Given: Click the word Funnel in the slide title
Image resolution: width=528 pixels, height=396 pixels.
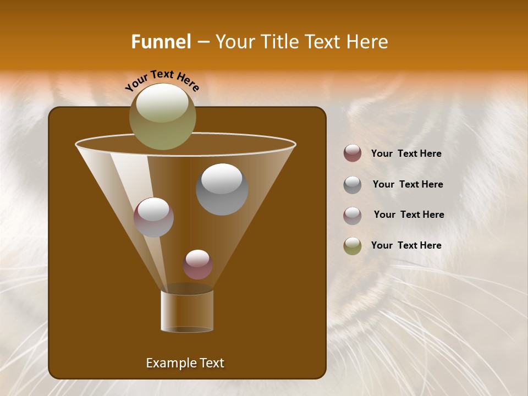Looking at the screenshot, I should click(161, 42).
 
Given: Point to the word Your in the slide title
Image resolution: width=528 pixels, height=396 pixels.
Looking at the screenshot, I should click(234, 42).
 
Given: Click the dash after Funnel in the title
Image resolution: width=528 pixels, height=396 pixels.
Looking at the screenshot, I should click(202, 42).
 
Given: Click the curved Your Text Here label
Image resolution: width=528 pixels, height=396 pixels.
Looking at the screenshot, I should click(162, 79).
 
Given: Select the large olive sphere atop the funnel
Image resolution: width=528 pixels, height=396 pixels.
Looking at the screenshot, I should click(162, 117).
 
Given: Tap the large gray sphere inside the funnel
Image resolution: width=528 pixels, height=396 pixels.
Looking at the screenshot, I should click(222, 189).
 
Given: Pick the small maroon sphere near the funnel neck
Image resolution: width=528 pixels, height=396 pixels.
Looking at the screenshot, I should click(197, 264).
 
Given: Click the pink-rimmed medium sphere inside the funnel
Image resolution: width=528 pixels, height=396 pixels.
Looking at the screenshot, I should click(153, 217).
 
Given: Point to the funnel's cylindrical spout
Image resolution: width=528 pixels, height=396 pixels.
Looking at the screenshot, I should click(187, 311).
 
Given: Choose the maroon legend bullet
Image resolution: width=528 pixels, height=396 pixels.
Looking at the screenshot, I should click(353, 153).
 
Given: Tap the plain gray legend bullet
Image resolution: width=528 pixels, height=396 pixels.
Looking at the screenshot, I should click(353, 185).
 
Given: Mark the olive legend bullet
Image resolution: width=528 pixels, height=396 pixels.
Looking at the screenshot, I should click(353, 246).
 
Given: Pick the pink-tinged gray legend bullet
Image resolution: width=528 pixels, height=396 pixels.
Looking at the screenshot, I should click(353, 215).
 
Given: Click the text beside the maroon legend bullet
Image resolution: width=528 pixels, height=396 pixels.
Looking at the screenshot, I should click(406, 153).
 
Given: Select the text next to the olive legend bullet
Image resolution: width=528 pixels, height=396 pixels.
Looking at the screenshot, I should click(406, 245).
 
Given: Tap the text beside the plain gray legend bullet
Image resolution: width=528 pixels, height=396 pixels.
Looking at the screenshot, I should click(408, 184).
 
